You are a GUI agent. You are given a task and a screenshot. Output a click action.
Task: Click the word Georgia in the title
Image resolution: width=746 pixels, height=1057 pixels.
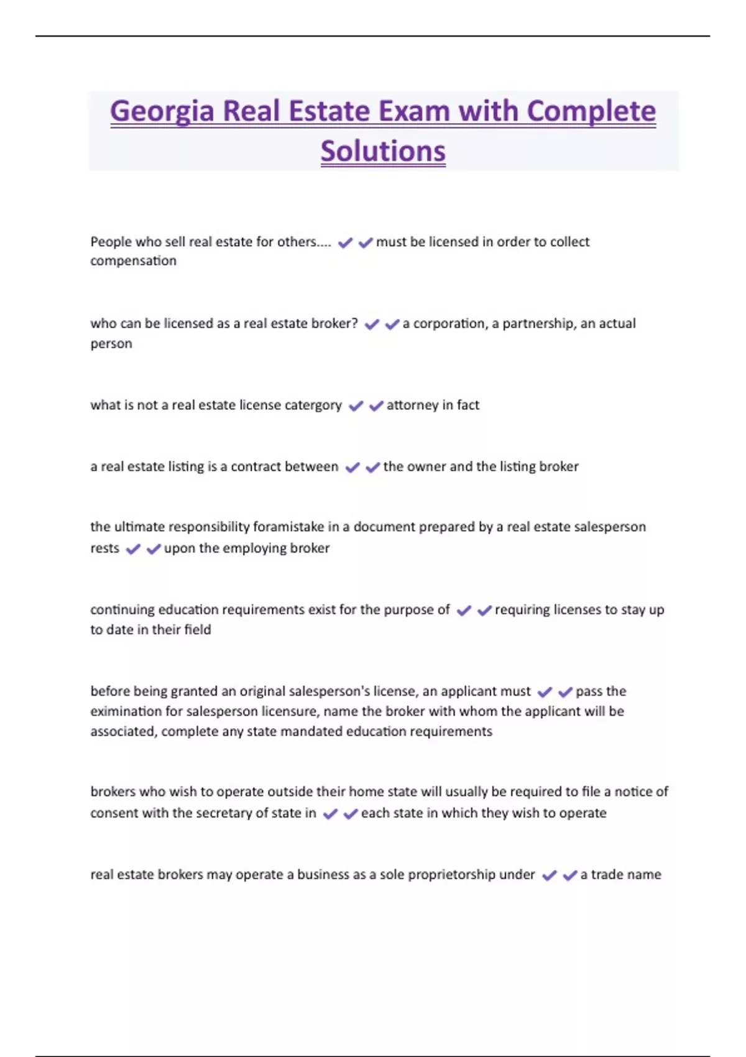162,112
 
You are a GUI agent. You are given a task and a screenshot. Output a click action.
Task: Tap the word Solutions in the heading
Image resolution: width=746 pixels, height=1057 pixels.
383,151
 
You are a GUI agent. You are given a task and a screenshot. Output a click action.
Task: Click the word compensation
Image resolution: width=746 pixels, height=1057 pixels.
133,261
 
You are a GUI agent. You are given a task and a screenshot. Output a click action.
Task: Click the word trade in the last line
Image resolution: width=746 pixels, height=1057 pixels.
607,875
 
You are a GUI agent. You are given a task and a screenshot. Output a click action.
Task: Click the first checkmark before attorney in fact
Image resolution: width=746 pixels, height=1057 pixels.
356,406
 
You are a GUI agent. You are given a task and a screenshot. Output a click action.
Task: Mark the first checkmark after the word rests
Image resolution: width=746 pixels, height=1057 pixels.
133,549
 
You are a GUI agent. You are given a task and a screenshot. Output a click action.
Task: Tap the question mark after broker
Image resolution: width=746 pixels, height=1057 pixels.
354,324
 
